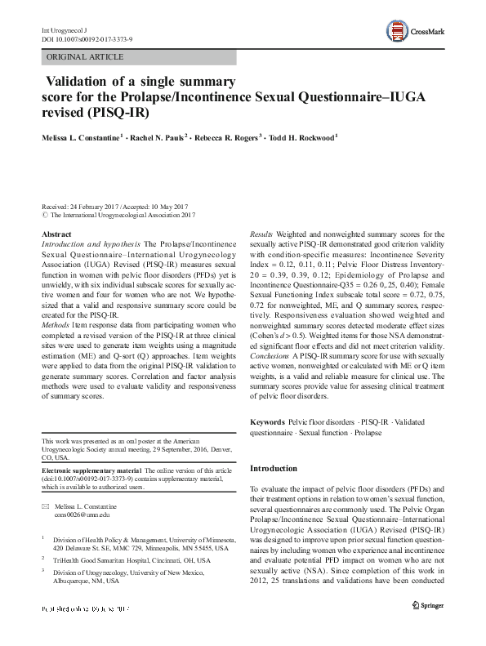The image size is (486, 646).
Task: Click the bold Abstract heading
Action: tap(56, 234)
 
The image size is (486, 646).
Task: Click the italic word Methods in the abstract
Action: tap(58, 323)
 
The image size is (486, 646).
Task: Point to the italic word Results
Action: tap(261, 234)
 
